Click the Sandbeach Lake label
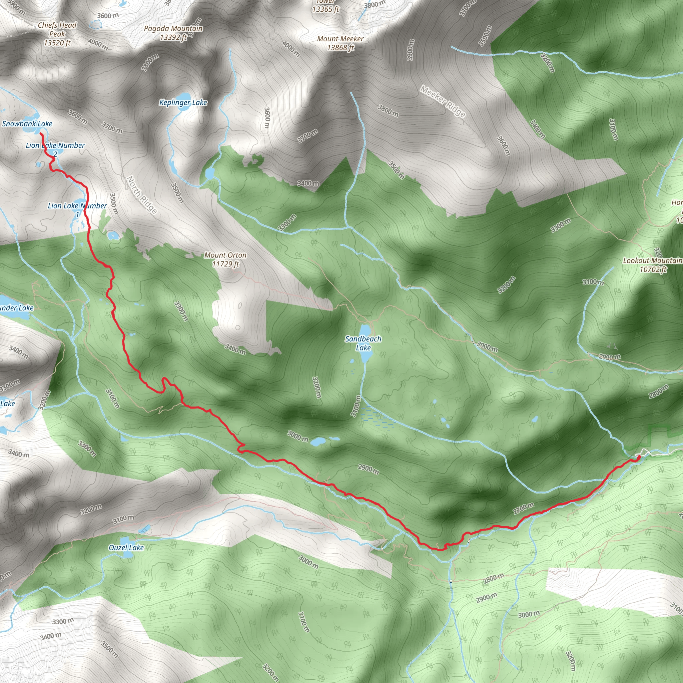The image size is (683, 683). click(x=363, y=343)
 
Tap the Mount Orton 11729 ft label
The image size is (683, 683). click(x=225, y=259)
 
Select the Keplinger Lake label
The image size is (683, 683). click(x=183, y=102)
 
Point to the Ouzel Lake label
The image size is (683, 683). click(x=126, y=548)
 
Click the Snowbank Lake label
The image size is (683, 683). click(x=27, y=124)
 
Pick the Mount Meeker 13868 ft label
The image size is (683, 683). click(x=340, y=43)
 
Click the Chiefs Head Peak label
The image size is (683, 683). click(x=57, y=34)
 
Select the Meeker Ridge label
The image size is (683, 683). click(x=443, y=101)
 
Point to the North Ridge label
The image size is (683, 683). click(x=141, y=195)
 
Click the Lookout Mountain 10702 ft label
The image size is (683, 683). click(x=653, y=265)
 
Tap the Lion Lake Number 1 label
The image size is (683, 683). click(x=77, y=210)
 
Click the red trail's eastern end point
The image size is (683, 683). click(x=639, y=458)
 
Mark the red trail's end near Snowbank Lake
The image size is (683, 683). click(x=41, y=134)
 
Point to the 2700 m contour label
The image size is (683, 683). click(x=524, y=508)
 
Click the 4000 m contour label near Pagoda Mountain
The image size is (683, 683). click(x=291, y=49)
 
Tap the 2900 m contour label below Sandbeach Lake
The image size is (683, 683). click(x=369, y=469)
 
